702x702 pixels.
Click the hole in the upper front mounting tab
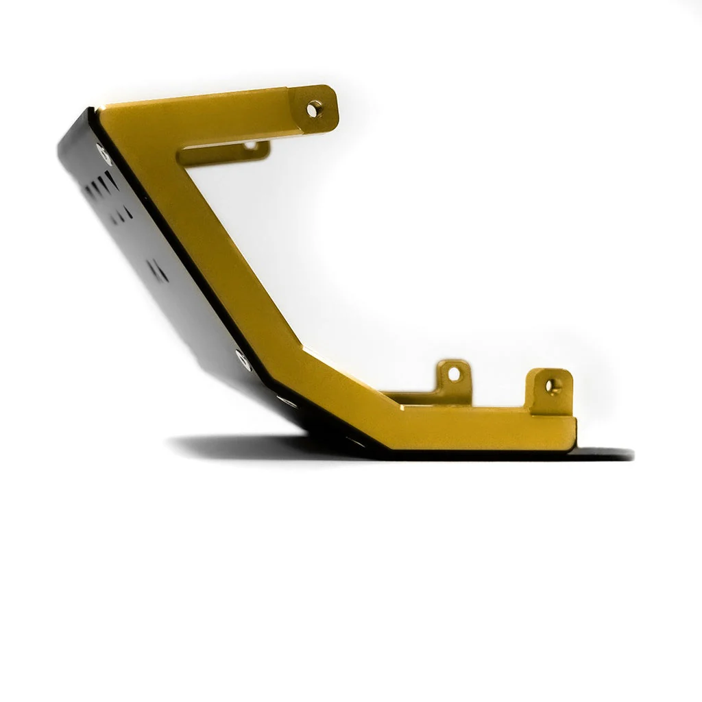pyautogui.click(x=313, y=108)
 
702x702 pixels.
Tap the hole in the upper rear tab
pyautogui.click(x=251, y=145)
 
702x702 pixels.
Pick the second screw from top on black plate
pyautogui.click(x=240, y=356)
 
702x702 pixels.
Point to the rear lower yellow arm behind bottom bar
pyautogui.click(x=418, y=396)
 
